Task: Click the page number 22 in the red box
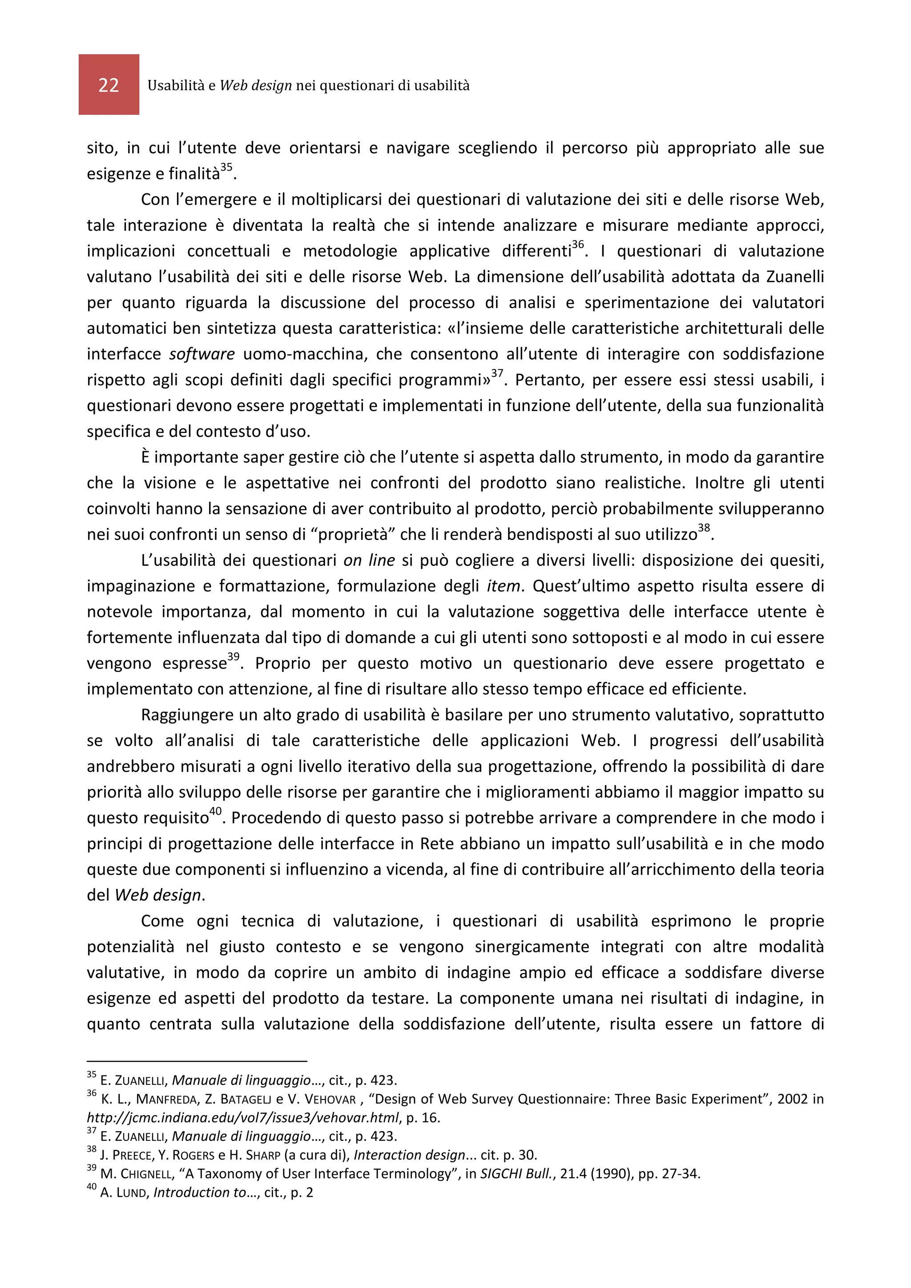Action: tap(109, 85)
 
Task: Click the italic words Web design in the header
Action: tap(255, 85)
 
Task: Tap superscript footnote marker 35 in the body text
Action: tap(226, 167)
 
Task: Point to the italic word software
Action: tap(202, 354)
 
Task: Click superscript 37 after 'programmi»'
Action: tap(497, 374)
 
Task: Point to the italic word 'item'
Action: tap(503, 586)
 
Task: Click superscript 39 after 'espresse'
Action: tap(233, 657)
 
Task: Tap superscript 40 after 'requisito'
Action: tap(216, 811)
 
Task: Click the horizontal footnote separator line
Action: tap(197, 1061)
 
